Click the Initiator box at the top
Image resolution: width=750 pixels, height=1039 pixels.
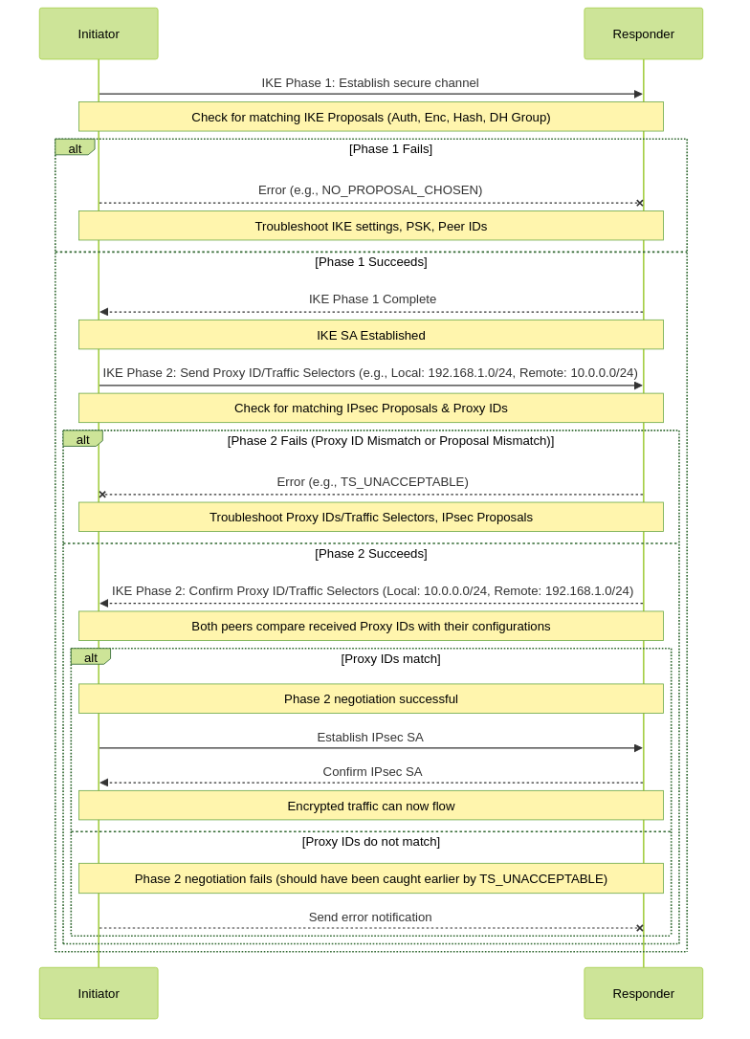(99, 33)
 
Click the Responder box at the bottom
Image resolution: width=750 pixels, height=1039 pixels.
(643, 993)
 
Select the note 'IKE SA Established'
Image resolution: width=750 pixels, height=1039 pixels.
(371, 335)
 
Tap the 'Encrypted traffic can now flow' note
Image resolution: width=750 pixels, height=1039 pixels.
(371, 806)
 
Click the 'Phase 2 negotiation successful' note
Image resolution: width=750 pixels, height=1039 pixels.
(371, 698)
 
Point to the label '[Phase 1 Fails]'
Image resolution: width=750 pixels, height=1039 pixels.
(391, 148)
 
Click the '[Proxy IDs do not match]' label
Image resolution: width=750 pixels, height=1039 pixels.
(371, 842)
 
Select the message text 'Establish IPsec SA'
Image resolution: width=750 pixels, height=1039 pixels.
(370, 737)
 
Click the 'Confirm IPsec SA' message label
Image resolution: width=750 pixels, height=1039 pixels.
(372, 771)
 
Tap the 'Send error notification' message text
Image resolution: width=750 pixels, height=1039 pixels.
(370, 917)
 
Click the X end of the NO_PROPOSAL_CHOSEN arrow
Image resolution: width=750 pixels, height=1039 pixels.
(639, 203)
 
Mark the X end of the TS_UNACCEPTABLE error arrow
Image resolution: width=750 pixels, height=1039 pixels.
(102, 495)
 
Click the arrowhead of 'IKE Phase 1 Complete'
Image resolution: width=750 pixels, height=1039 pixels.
(103, 312)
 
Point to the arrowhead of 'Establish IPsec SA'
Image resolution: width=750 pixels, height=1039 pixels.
(639, 748)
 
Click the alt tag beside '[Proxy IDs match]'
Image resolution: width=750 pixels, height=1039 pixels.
(91, 657)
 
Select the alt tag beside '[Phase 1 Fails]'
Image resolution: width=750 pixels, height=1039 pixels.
(75, 147)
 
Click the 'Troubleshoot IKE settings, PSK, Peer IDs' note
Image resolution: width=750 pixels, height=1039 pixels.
(371, 226)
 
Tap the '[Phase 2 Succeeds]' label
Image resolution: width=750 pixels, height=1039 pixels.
(371, 553)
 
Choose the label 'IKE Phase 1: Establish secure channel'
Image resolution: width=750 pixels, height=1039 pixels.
(370, 83)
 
